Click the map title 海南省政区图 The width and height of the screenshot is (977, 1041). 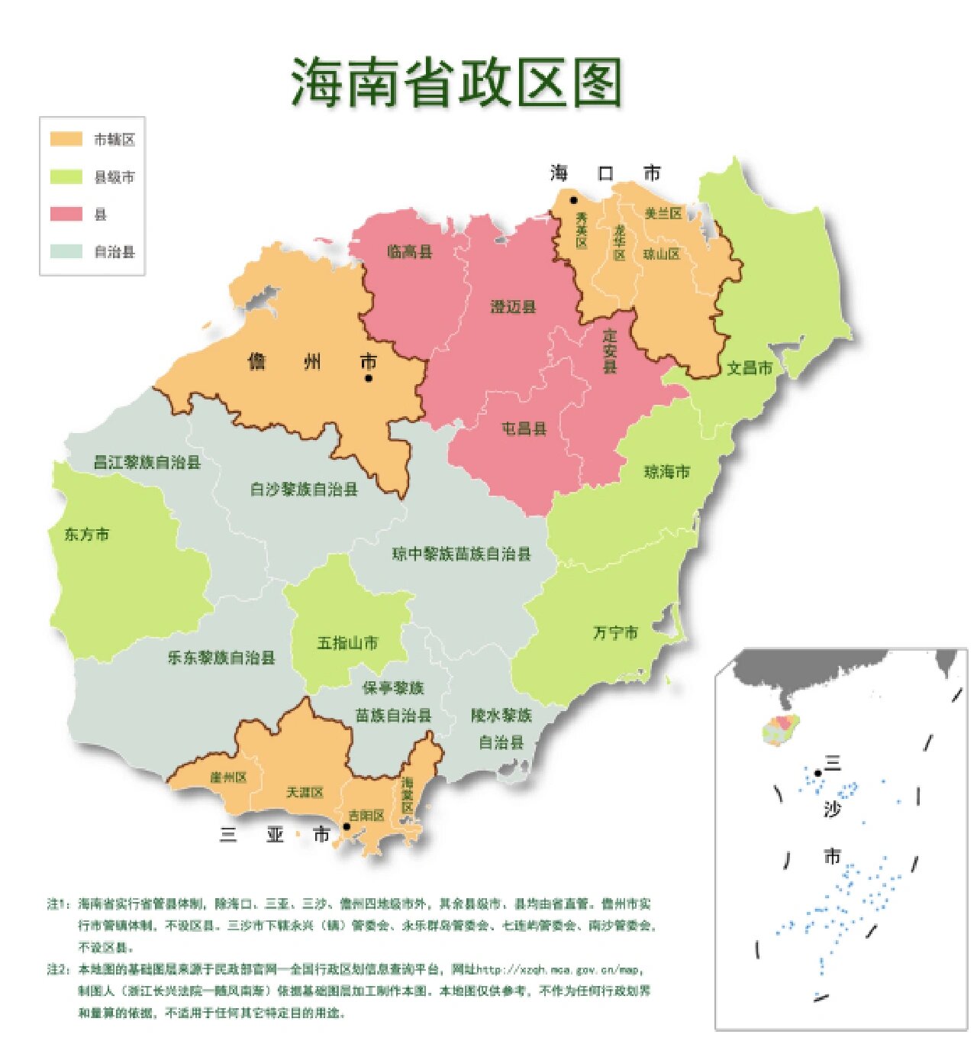coord(456,82)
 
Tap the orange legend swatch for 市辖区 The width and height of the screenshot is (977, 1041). coord(66,139)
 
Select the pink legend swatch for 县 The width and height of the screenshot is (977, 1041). coord(66,214)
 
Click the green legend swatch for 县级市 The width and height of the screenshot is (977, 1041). coord(66,176)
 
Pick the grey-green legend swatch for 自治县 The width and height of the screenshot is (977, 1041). coord(66,251)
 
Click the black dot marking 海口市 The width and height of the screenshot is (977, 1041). coord(573,200)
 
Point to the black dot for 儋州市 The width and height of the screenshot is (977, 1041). coord(369,377)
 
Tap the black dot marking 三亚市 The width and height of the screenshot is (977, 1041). coord(346,826)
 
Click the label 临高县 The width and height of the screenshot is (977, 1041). coord(410,251)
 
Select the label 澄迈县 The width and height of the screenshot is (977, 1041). coord(513,307)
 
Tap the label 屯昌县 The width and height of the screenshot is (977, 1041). coord(524,428)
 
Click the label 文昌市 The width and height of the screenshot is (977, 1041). coord(749,368)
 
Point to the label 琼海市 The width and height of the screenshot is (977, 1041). coord(667,472)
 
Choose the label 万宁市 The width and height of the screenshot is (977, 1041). coord(615,632)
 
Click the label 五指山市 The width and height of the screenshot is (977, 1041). coord(347,643)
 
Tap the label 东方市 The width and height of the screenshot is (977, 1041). coord(86,535)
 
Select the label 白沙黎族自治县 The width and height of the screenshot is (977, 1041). coord(304,489)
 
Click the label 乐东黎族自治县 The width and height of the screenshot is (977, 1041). coord(221,658)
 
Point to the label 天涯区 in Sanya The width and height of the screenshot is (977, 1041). coord(305,793)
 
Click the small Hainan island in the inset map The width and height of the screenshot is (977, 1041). coord(781,730)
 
